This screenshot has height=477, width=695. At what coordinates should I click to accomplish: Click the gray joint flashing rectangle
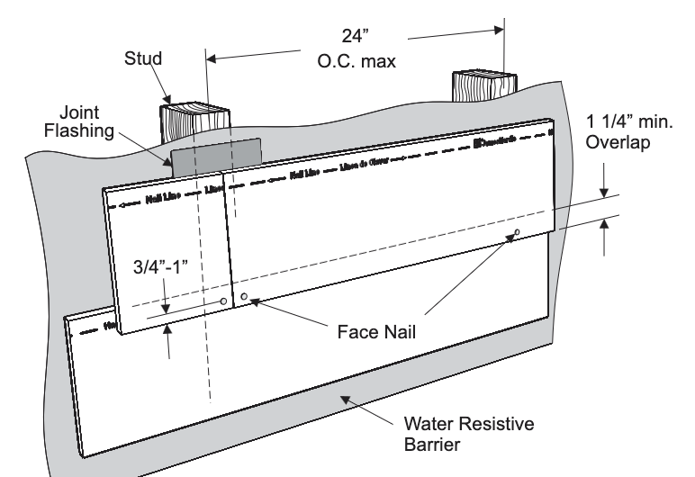point(215,157)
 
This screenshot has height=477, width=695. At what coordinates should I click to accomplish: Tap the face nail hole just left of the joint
point(223,301)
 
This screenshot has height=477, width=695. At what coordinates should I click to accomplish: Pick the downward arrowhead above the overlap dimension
point(604,191)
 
